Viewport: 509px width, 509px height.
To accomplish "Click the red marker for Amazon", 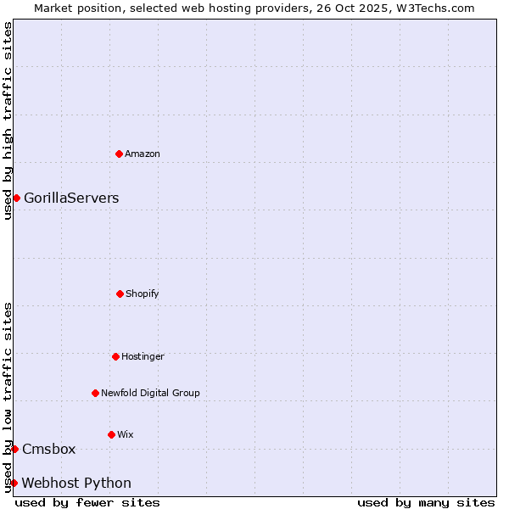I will pyautogui.click(x=119, y=154).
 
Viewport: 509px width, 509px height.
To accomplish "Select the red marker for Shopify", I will pyautogui.click(x=120, y=294).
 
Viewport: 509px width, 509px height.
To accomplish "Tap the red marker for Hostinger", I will pyautogui.click(x=115, y=356).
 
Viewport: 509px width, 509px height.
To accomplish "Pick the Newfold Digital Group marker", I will pyautogui.click(x=95, y=393).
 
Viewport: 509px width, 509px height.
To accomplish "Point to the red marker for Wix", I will pyautogui.click(x=111, y=434).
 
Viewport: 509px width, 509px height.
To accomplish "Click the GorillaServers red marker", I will pyautogui.click(x=16, y=198).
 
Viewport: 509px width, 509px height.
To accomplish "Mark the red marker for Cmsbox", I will pyautogui.click(x=14, y=449).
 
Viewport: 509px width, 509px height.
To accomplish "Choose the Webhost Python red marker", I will pyautogui.click(x=14, y=483).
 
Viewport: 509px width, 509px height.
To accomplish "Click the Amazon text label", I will pyautogui.click(x=143, y=154).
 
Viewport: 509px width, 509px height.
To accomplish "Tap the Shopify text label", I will pyautogui.click(x=143, y=294).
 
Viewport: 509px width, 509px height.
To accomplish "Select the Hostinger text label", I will pyautogui.click(x=143, y=356).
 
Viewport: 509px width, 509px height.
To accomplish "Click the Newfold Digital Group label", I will pyautogui.click(x=150, y=393).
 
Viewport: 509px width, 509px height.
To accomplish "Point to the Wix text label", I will pyautogui.click(x=125, y=434).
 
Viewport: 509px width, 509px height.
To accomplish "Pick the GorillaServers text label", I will pyautogui.click(x=71, y=198).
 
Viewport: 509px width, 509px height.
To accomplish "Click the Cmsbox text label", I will pyautogui.click(x=49, y=449).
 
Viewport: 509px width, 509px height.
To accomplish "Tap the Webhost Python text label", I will pyautogui.click(x=76, y=483).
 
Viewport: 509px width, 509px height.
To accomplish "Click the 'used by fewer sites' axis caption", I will pyautogui.click(x=87, y=502).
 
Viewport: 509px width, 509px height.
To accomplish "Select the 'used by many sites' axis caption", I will pyautogui.click(x=426, y=502).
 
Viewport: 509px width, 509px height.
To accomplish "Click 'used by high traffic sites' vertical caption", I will pyautogui.click(x=8, y=120).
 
